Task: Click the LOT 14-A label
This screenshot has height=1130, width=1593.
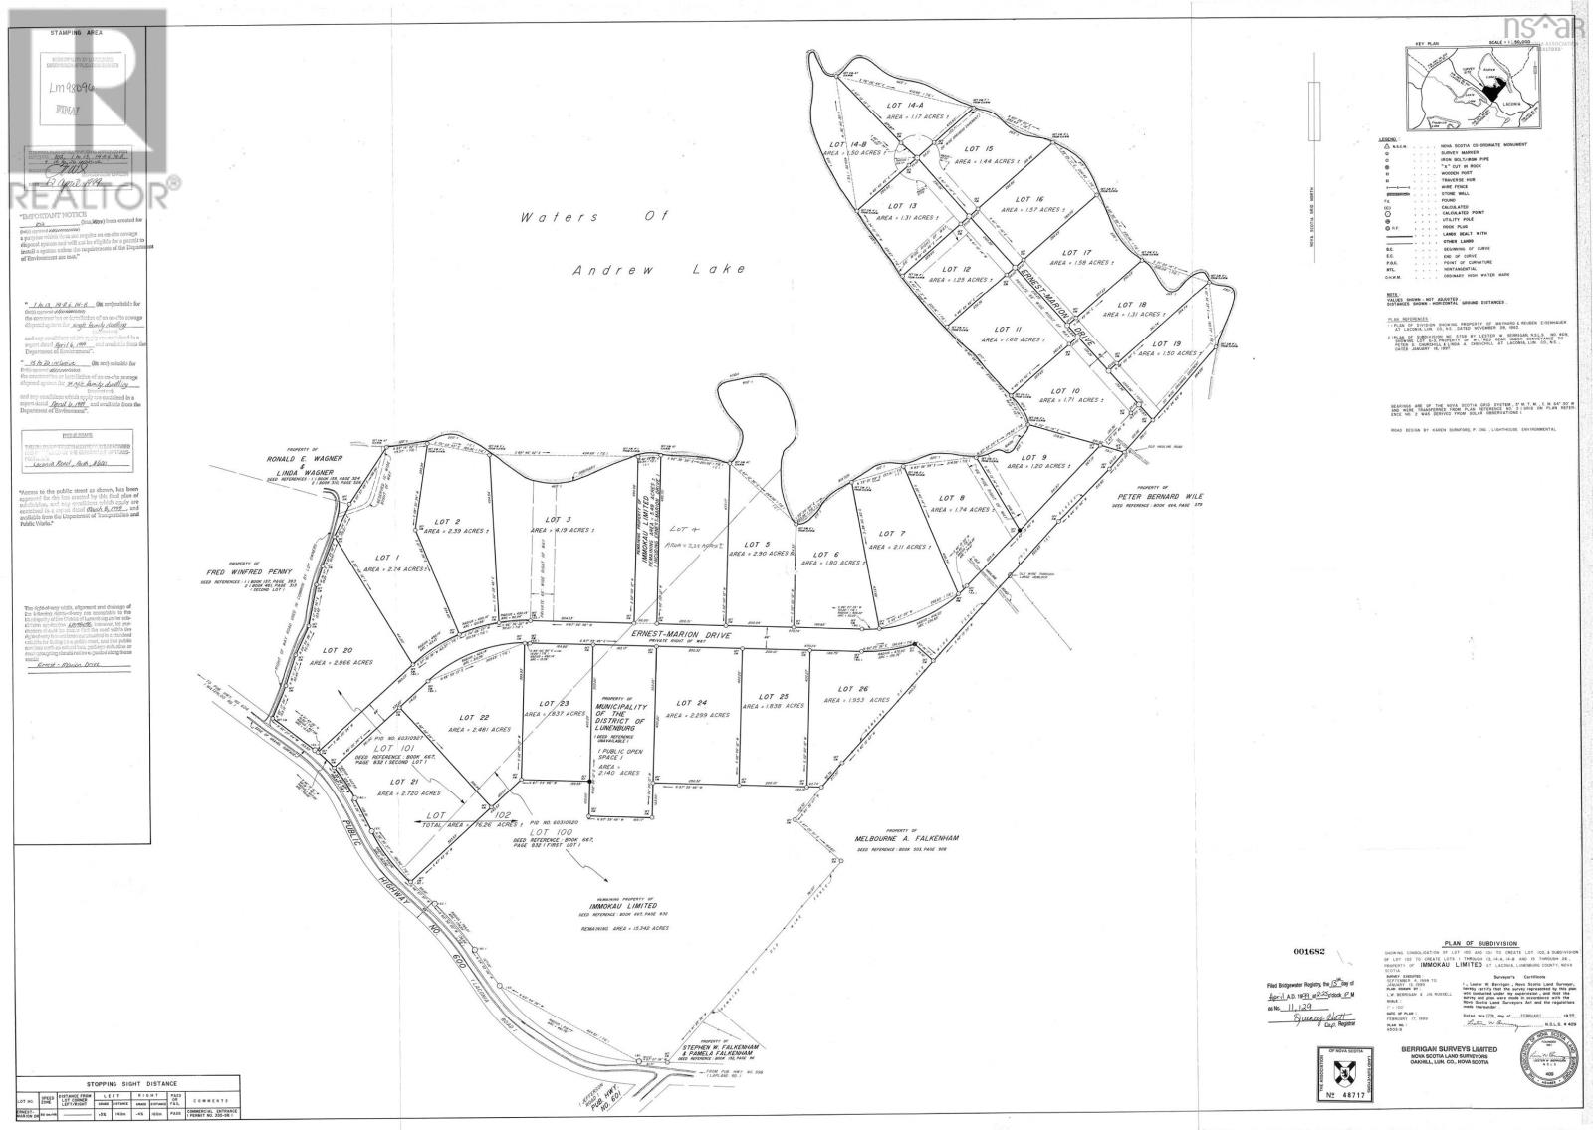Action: [888, 104]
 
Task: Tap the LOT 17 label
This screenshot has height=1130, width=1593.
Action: [1079, 252]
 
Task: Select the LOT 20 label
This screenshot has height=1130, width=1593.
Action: [336, 650]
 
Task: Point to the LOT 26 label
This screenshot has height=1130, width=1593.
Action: [854, 688]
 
